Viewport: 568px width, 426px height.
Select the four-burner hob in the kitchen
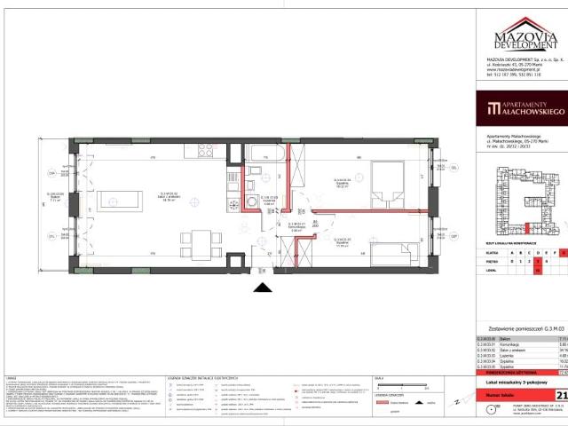pos(205,149)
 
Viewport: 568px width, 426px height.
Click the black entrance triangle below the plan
pos(263,287)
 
